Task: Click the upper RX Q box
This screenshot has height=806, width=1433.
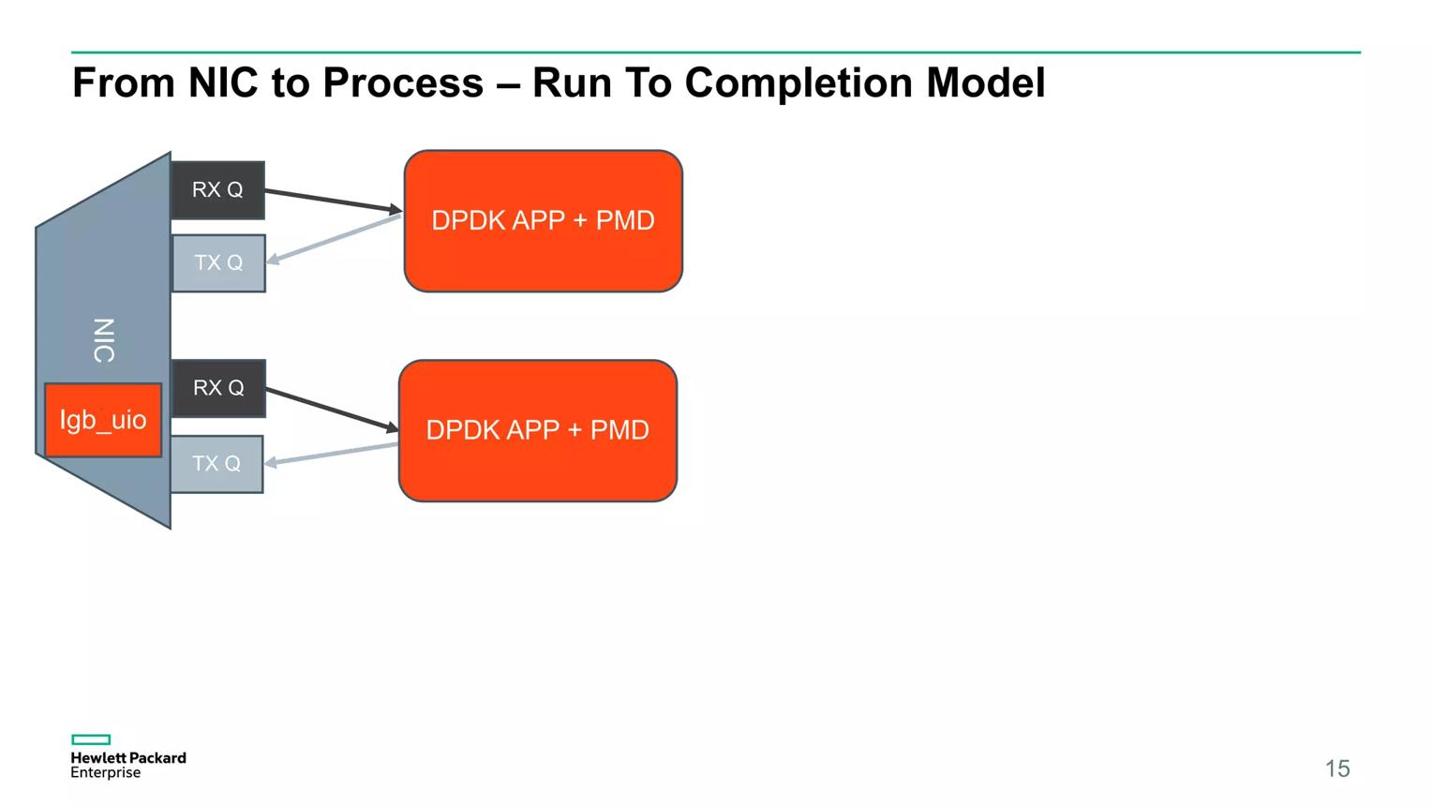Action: pos(217,190)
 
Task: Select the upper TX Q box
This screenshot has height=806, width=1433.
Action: pos(218,263)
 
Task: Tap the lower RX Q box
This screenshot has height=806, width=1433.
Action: pos(218,388)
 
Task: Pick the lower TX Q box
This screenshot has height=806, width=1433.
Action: pos(216,464)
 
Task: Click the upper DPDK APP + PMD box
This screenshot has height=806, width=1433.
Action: pos(544,220)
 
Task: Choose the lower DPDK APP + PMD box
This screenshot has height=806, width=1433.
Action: pos(538,430)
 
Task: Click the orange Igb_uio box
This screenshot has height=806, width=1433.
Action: pos(103,420)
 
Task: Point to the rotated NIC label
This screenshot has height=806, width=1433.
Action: pos(104,341)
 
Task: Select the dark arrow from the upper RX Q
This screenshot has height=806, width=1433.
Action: pos(334,201)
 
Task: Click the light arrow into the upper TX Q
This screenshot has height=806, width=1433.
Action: pos(334,239)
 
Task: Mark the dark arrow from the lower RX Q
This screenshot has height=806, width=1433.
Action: pos(332,409)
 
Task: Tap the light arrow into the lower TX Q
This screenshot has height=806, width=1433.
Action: pos(331,455)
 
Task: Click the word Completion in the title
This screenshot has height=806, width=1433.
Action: pos(799,83)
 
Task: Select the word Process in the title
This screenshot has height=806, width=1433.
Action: pos(403,82)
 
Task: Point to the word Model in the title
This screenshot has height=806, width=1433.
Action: pos(986,82)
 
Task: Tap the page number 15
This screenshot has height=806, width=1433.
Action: pos(1337,769)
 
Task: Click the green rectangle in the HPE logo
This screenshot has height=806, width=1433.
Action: pos(91,739)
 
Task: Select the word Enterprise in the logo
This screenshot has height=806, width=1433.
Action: pos(106,773)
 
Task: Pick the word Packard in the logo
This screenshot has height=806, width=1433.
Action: pos(157,758)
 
